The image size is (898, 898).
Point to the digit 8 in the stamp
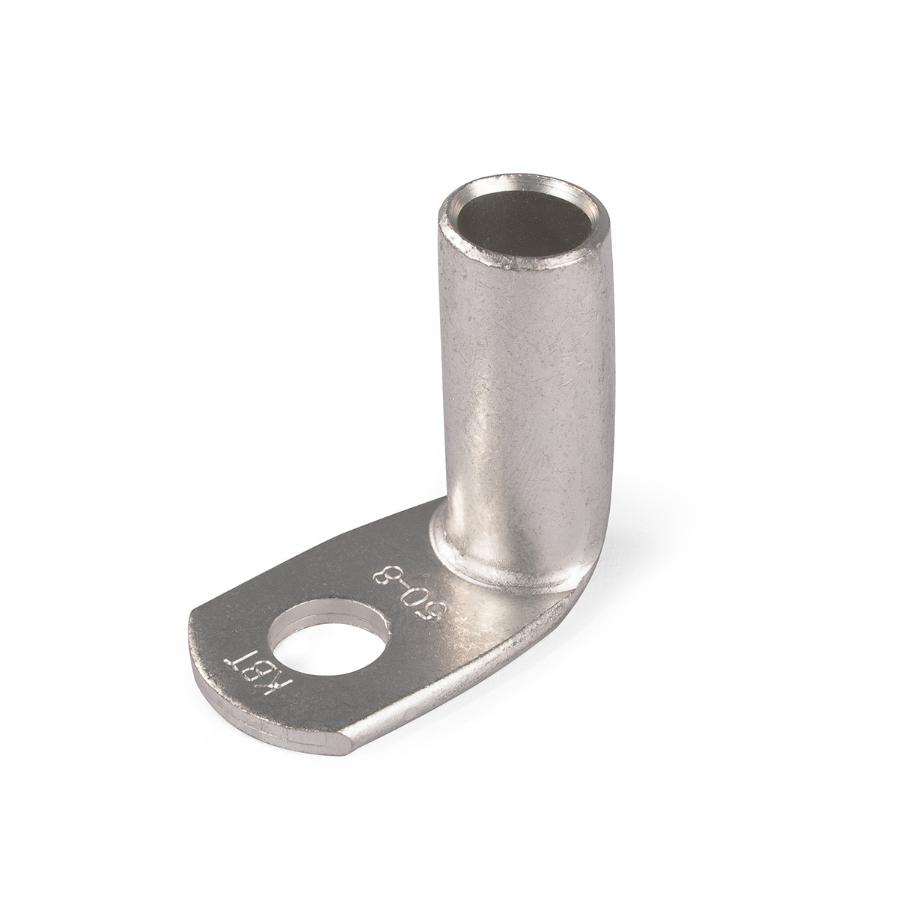[386, 578]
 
